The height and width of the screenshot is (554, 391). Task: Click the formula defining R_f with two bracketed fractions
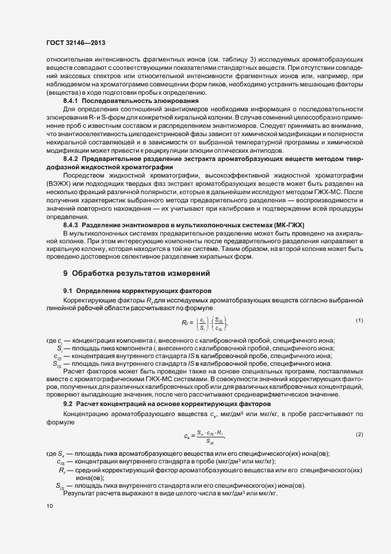pos(204,323)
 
